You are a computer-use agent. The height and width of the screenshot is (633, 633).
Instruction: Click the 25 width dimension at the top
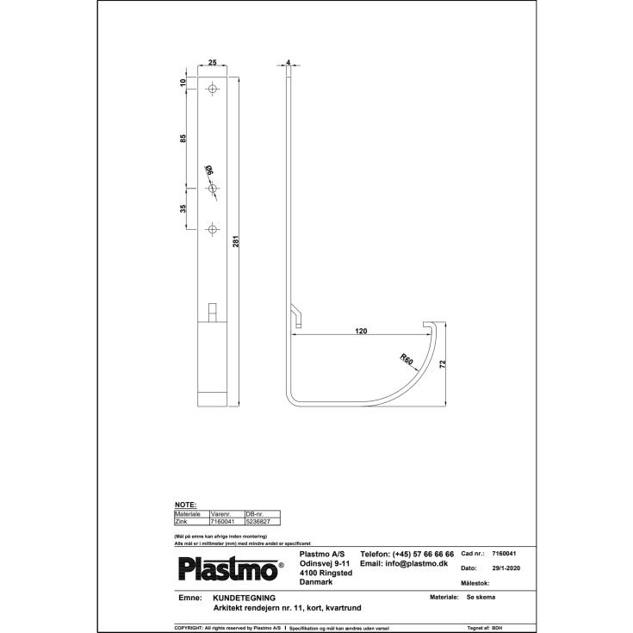pyautogui.click(x=212, y=64)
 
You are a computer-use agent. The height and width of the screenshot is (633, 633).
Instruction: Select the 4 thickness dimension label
pyautogui.click(x=288, y=63)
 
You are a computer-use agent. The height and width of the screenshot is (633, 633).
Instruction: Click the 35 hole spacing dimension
pyautogui.click(x=183, y=208)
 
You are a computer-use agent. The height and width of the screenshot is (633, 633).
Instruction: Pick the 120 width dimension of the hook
pyautogui.click(x=362, y=330)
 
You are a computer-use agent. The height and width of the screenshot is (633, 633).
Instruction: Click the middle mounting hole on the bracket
pyautogui.click(x=212, y=189)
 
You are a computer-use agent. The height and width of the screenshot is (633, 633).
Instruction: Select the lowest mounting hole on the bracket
pyautogui.click(x=212, y=229)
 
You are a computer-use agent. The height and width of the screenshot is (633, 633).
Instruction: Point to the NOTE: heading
pyautogui.click(x=185, y=505)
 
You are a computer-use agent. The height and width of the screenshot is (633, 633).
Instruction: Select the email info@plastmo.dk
pyautogui.click(x=404, y=563)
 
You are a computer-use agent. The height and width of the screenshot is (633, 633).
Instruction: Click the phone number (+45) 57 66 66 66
pyautogui.click(x=406, y=553)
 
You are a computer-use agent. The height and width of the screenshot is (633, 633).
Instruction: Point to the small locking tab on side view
pyautogui.click(x=295, y=316)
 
